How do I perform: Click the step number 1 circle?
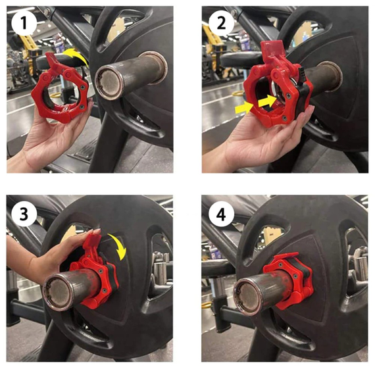(x=24, y=24)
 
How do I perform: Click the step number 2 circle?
(x=221, y=23)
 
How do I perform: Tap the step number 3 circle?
(x=24, y=214)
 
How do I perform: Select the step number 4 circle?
(x=221, y=214)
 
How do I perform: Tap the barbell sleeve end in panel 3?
(x=58, y=292)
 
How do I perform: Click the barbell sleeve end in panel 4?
(x=248, y=298)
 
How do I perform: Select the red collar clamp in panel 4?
(x=288, y=279)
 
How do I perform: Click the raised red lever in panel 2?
(x=272, y=51)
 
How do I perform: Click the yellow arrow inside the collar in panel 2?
(x=267, y=101)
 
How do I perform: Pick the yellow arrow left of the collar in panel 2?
(x=245, y=108)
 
